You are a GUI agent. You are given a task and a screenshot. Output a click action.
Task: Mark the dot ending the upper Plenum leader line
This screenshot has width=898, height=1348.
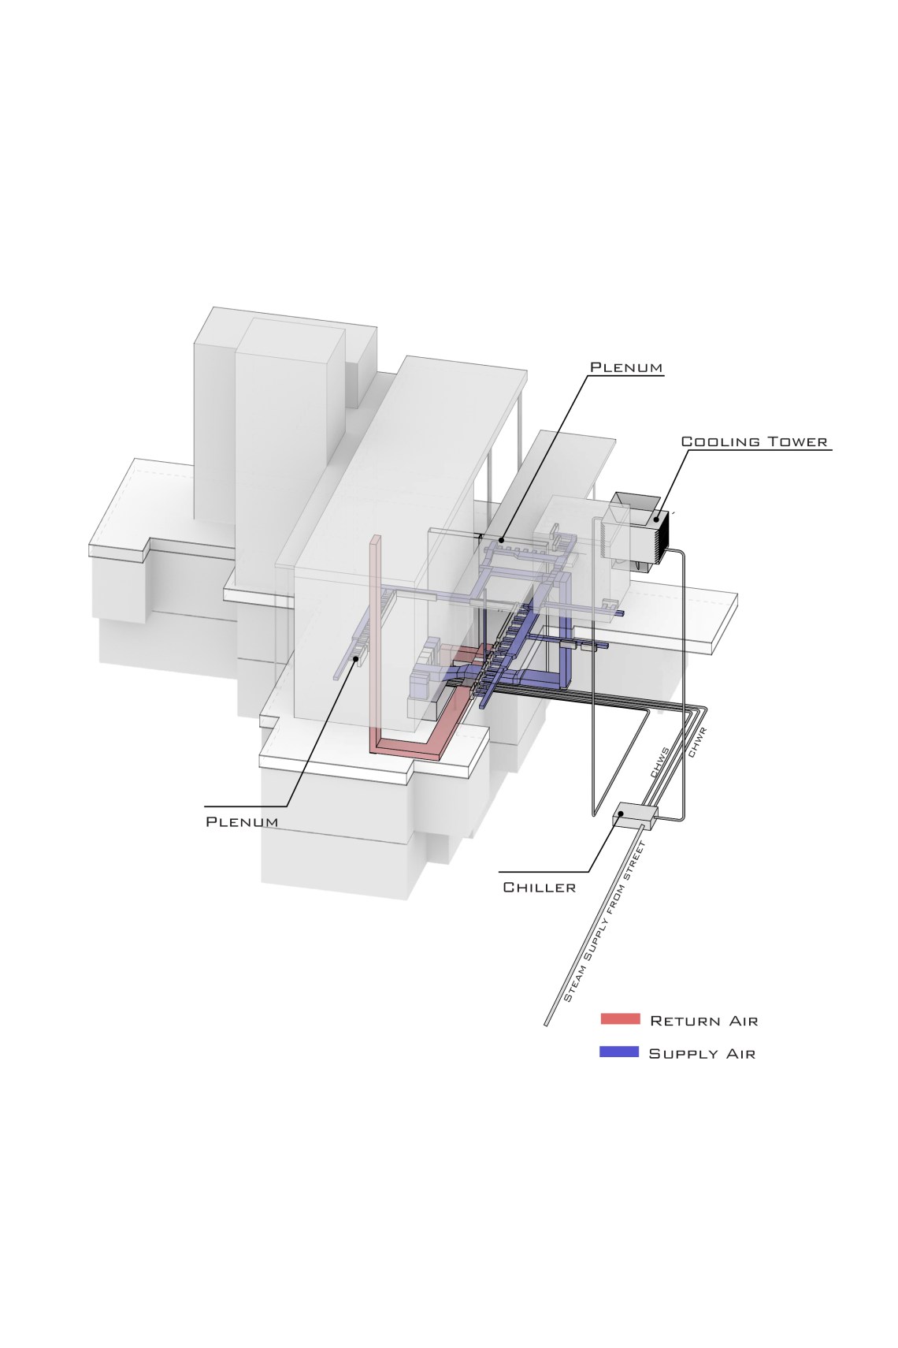point(500,540)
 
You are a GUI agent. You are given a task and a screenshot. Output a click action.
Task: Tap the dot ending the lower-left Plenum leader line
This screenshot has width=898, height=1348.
point(356,659)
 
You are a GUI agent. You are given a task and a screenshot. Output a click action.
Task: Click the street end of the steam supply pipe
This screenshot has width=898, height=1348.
point(547,1024)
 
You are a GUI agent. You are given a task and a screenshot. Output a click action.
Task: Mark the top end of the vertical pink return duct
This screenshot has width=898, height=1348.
point(376,537)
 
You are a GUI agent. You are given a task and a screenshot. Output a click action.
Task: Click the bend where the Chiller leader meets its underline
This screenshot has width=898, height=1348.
point(588,871)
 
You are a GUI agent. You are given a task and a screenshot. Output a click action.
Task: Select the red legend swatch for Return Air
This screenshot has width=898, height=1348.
point(620,1018)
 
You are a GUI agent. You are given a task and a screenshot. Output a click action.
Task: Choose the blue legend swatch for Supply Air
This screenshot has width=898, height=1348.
point(619,1052)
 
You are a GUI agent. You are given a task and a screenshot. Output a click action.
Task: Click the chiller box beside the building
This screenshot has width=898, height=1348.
point(635,815)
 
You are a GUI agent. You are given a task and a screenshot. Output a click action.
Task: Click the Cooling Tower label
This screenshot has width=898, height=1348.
point(755,441)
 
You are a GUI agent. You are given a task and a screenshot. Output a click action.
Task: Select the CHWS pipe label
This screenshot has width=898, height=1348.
point(660,762)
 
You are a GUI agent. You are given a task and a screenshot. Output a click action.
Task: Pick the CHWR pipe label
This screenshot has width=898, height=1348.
point(698,743)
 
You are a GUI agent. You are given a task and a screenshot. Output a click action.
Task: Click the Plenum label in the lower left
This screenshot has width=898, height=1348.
point(242,821)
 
